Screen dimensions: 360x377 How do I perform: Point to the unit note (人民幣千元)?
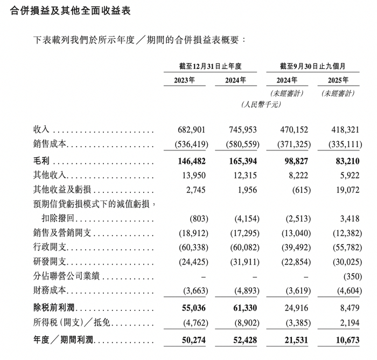point(261,105)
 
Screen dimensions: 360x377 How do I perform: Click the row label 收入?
point(41,130)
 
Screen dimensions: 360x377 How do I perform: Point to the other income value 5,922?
point(345,176)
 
